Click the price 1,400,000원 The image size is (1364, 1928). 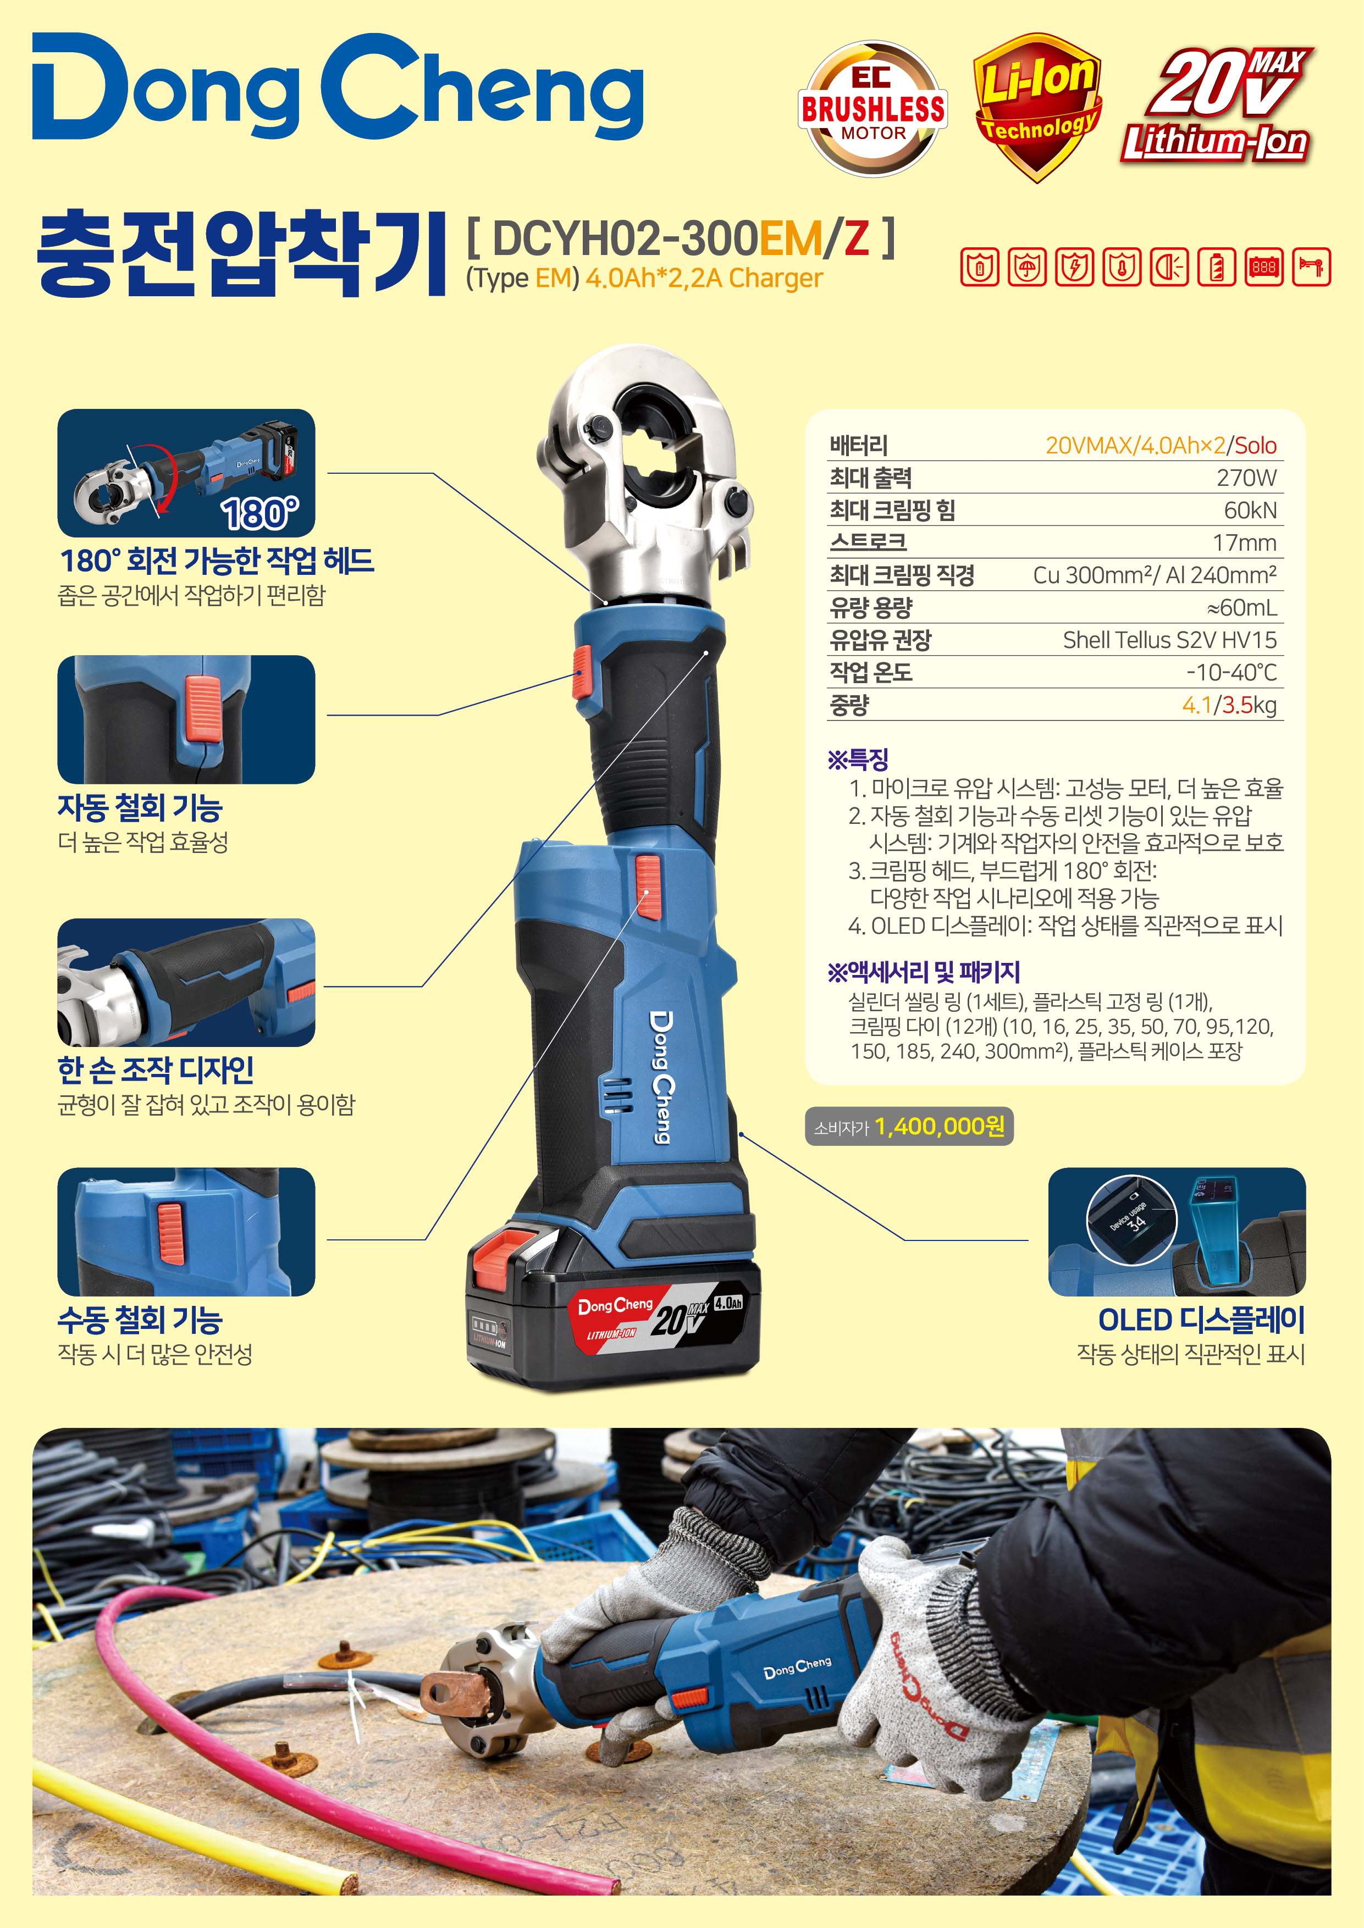coord(940,1126)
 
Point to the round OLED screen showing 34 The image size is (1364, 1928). coord(1131,1219)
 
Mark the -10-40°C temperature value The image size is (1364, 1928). coord(1232,673)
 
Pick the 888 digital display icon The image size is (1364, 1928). coord(1264,267)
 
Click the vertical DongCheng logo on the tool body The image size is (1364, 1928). coord(662,1077)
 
